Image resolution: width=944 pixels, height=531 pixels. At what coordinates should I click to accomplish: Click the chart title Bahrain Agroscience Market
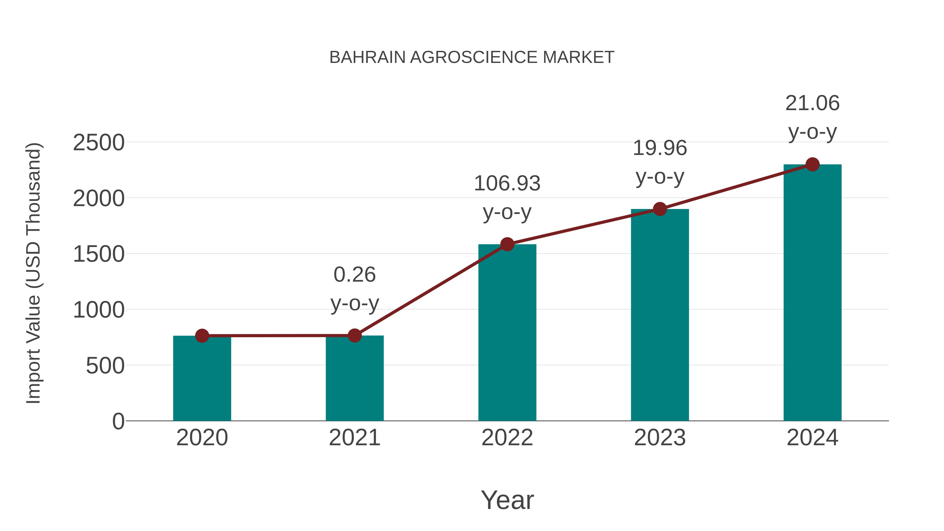[x=472, y=57]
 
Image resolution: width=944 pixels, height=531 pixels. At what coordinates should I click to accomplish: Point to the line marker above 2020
[x=202, y=336]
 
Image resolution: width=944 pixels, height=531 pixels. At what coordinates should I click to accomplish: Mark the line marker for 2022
[x=507, y=244]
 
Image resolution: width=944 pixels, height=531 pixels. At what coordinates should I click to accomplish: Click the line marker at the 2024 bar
[x=812, y=164]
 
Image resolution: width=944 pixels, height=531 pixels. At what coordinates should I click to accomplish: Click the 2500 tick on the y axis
[x=99, y=143]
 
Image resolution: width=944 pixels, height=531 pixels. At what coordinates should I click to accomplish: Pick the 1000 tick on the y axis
[x=99, y=310]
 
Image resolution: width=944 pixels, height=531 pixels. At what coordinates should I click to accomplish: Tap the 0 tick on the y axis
[x=118, y=421]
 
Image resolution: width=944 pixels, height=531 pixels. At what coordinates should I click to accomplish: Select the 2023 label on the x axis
[x=660, y=438]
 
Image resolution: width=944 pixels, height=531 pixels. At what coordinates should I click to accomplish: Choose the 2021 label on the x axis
[x=354, y=438]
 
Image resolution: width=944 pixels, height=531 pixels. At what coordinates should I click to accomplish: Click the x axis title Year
[x=507, y=500]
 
